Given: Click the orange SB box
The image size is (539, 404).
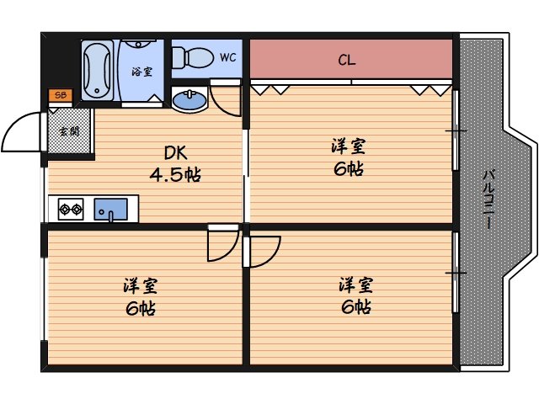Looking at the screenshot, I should (60, 94).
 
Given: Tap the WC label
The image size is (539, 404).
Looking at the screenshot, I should (227, 58).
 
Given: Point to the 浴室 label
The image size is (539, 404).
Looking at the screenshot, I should (141, 72).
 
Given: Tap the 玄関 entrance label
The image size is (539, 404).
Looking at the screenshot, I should (69, 131).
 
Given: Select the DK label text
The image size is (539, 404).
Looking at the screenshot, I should (174, 153).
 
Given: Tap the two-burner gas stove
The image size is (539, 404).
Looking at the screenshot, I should (71, 208).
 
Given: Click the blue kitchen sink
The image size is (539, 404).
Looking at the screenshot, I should (109, 208).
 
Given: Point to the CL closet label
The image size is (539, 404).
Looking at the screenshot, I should (346, 60).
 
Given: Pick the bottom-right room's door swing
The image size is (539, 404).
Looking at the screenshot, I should (264, 250).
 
